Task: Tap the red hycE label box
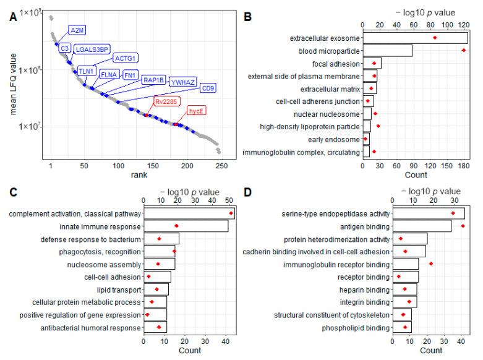coord(196,110)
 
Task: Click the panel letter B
coord(247,18)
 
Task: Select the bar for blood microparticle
coord(387,51)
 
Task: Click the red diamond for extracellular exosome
coord(435,38)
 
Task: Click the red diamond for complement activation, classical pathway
coord(231,214)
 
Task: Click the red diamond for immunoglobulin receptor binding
coord(431,264)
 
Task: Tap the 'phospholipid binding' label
coord(357,327)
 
